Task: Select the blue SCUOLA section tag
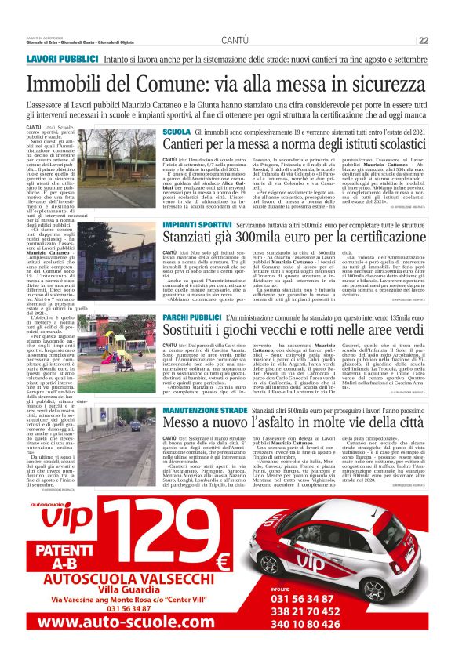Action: pyautogui.click(x=177, y=132)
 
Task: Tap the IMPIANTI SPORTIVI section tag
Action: pyautogui.click(x=197, y=225)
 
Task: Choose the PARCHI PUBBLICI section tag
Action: pyautogui.click(x=191, y=317)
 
